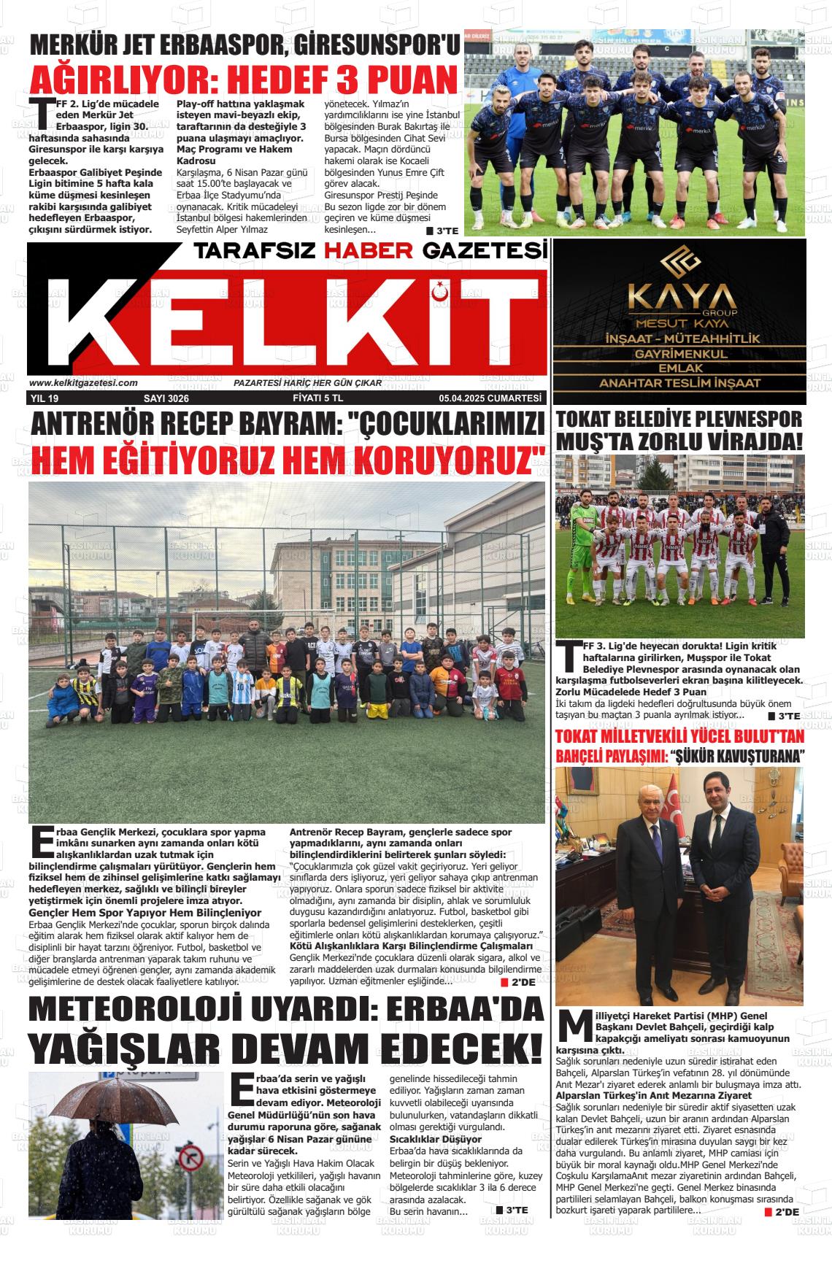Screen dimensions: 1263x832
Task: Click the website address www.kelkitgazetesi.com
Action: pos(83,383)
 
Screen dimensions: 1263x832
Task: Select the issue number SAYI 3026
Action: pos(166,398)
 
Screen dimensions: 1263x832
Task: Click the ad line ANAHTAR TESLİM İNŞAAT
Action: pos(679,383)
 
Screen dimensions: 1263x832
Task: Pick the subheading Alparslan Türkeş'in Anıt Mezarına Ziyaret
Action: pos(653,1095)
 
